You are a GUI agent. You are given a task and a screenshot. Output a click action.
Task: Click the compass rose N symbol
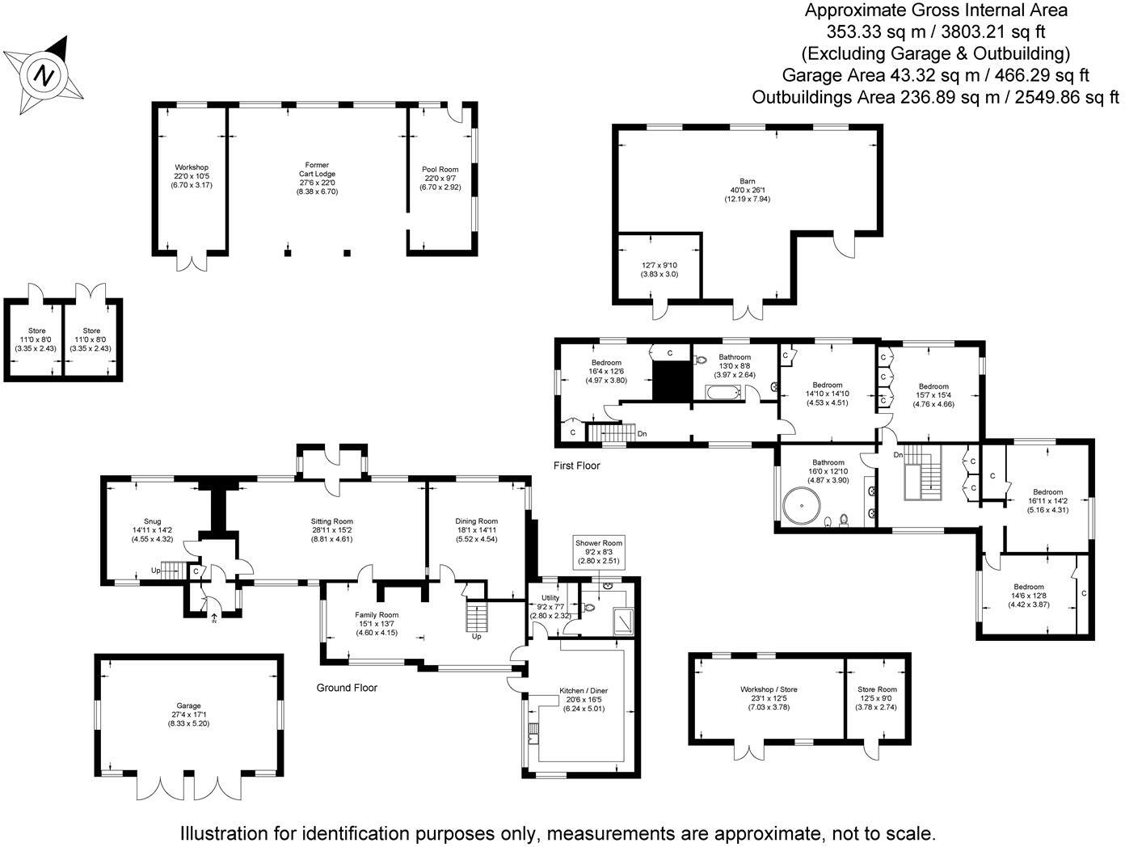click(x=45, y=76)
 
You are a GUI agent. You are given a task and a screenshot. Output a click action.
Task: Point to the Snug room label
click(x=152, y=521)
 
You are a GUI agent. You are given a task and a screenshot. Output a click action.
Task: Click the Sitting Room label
click(x=331, y=521)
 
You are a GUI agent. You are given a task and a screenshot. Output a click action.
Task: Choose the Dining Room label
click(x=476, y=521)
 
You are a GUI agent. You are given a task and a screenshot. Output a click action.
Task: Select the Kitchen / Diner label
click(x=583, y=691)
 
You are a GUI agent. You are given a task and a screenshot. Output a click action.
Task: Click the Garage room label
click(x=189, y=706)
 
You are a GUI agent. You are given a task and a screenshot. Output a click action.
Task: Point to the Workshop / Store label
click(x=769, y=689)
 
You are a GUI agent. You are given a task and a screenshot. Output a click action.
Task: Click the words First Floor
click(x=576, y=466)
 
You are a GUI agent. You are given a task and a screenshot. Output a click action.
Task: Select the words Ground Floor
click(x=347, y=688)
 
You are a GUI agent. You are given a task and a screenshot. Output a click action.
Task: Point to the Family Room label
click(x=377, y=615)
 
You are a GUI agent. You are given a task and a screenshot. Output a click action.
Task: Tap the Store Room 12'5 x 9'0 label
click(x=877, y=689)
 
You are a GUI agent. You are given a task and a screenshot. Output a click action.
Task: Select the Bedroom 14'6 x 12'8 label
click(x=1029, y=587)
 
